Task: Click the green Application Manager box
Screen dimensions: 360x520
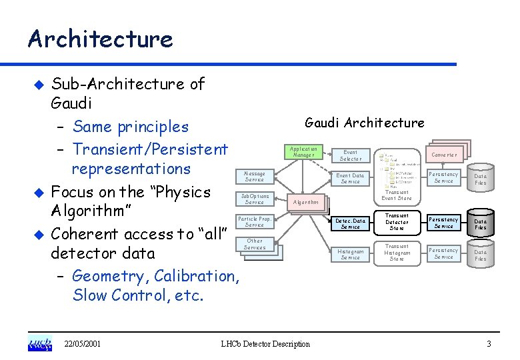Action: pos(304,152)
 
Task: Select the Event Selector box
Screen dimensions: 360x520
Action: pos(351,155)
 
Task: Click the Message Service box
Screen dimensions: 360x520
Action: pos(255,176)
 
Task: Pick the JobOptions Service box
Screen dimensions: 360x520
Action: pos(255,199)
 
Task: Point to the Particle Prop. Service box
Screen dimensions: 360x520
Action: pos(255,222)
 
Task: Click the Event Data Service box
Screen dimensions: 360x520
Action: pos(351,179)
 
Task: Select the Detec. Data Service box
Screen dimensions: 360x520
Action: pos(351,223)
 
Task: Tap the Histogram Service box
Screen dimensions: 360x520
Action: pos(351,255)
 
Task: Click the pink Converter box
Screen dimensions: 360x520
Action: pos(444,155)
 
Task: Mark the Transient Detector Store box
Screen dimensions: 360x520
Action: pos(397,222)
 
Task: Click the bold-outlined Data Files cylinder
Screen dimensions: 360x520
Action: pos(481,224)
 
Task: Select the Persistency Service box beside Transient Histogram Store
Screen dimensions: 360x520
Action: pos(444,254)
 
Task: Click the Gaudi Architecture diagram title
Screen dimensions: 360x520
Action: pos(364,123)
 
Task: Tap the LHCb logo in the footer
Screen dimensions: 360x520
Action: pos(39,343)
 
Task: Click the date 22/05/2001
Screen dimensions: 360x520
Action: pos(83,344)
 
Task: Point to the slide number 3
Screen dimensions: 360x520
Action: pos(489,344)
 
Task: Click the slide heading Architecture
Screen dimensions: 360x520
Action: pos(100,39)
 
